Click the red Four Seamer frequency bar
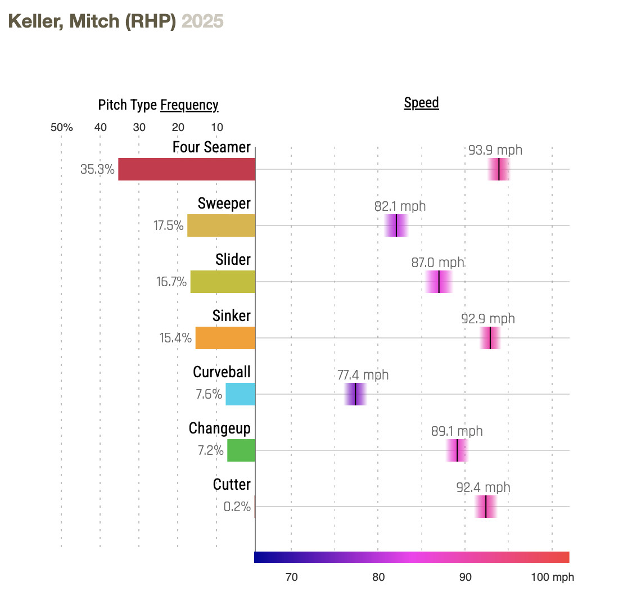point(187,169)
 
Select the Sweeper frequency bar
point(221,225)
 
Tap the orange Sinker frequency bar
point(225,338)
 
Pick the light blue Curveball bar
point(240,394)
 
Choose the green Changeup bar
point(241,450)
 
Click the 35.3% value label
point(97,169)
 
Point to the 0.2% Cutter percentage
point(237,507)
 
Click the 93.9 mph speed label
point(495,150)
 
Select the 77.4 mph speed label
point(363,375)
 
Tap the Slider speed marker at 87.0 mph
point(439,282)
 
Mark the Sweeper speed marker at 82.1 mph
point(396,225)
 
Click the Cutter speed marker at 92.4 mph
point(485,507)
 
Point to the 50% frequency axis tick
point(61,127)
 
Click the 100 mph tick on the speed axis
point(553,577)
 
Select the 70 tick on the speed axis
point(291,577)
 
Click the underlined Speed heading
point(421,103)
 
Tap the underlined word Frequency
point(189,105)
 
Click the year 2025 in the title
point(202,21)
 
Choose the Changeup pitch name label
point(219,428)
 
